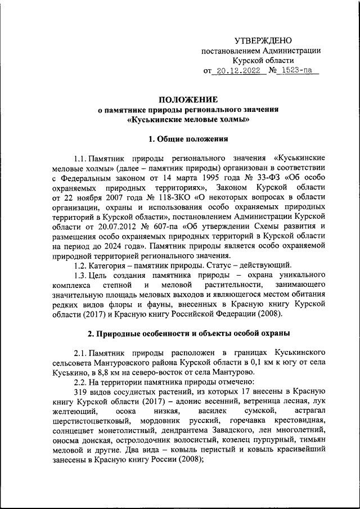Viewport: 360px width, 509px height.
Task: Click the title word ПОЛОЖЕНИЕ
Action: [188, 99]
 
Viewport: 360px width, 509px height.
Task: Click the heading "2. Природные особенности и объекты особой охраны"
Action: [188, 334]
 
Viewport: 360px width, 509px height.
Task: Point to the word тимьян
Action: [312, 439]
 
